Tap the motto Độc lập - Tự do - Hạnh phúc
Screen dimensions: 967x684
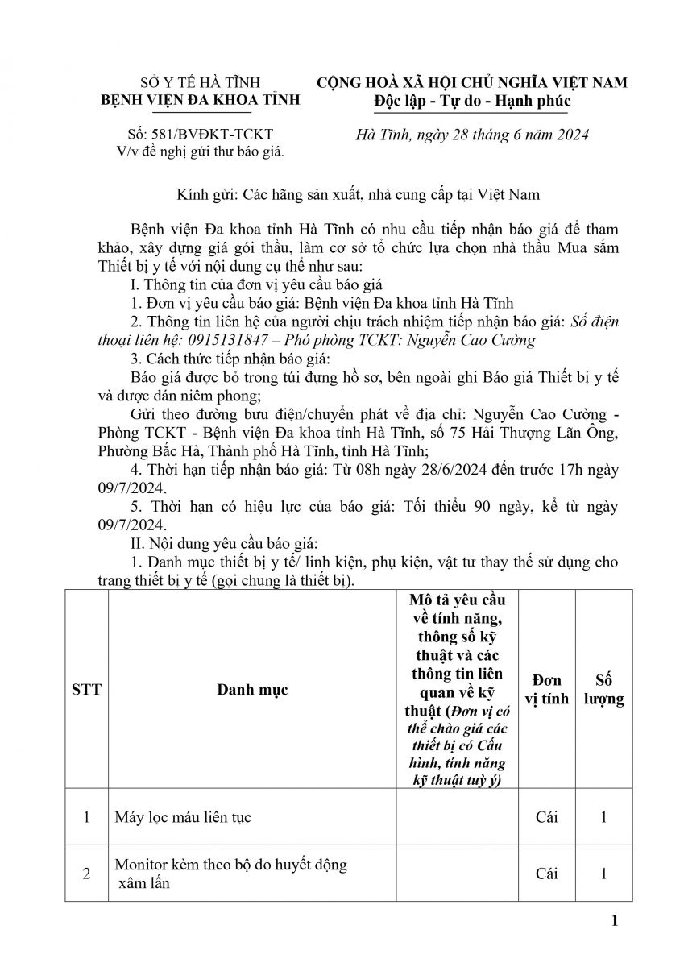click(472, 101)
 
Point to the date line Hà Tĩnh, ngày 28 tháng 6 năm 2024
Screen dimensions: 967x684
click(472, 135)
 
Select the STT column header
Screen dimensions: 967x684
click(86, 690)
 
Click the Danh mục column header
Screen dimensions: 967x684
click(251, 690)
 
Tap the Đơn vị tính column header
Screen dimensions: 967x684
click(546, 690)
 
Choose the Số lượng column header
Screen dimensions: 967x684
click(603, 690)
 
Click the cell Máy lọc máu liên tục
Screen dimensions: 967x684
click(183, 817)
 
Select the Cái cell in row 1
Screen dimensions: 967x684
click(546, 817)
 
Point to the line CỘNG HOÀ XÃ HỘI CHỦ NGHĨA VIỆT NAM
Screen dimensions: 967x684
click(472, 83)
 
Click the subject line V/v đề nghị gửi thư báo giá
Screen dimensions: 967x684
click(200, 150)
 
